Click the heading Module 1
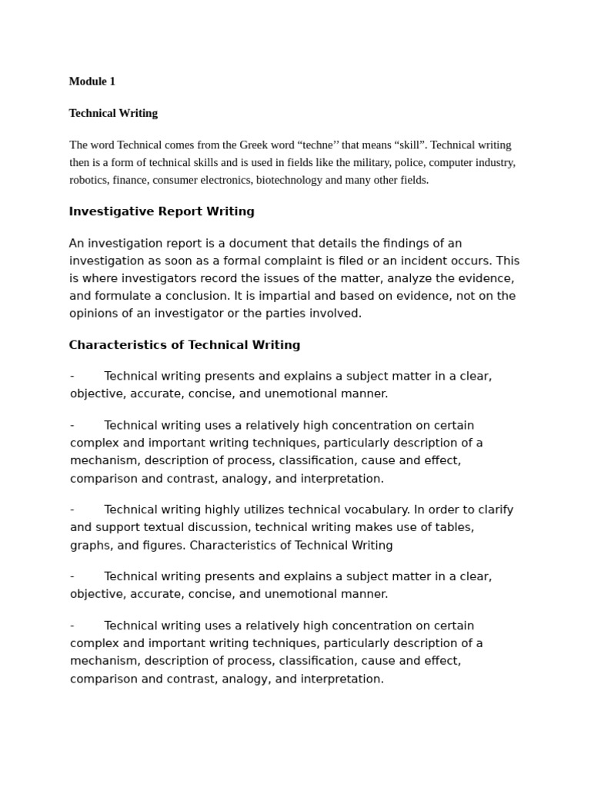point(92,81)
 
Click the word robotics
point(88,181)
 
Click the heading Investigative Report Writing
point(162,211)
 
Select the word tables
point(454,527)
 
